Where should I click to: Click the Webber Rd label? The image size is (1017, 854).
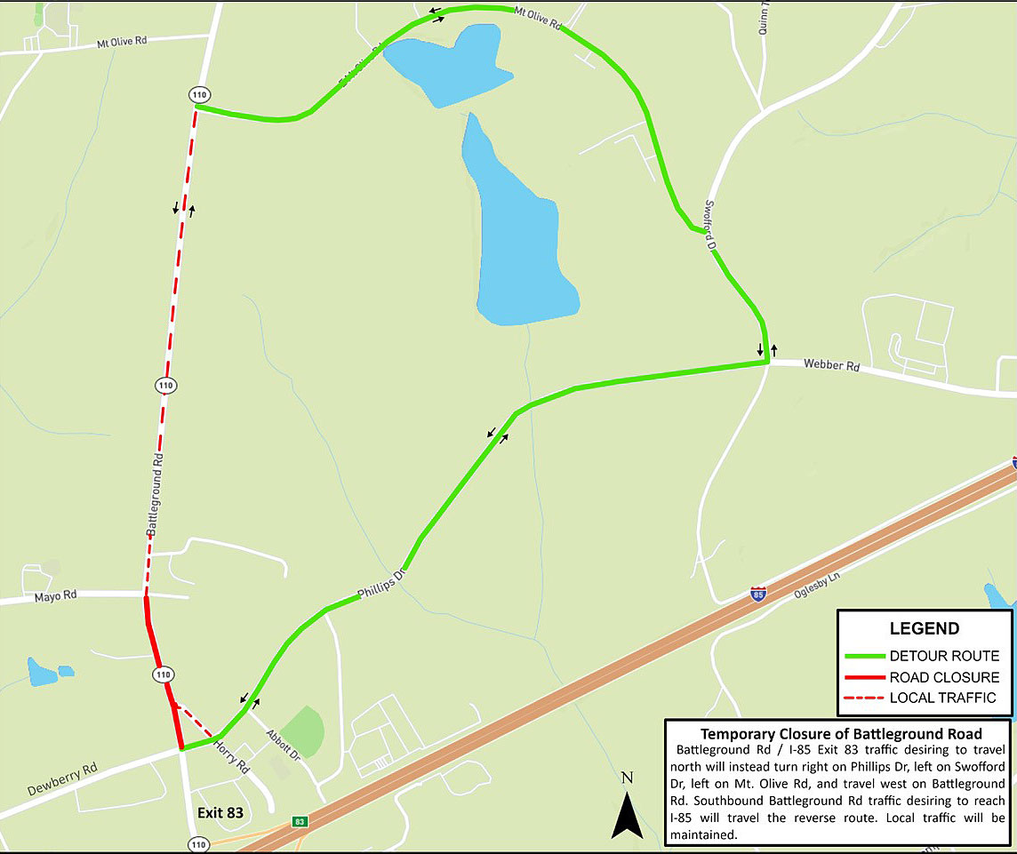click(831, 364)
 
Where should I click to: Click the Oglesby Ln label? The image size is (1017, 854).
click(816, 577)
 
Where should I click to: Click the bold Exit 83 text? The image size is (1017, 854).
click(220, 812)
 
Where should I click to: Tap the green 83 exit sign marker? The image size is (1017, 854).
click(300, 822)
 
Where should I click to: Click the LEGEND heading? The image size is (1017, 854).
click(925, 629)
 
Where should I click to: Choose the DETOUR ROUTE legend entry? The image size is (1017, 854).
click(944, 657)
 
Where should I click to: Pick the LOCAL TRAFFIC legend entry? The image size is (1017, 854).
click(942, 698)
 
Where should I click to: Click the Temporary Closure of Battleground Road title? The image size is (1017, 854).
click(840, 734)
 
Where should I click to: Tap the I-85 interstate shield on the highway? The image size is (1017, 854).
click(757, 594)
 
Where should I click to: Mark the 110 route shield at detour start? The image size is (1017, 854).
click(197, 94)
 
